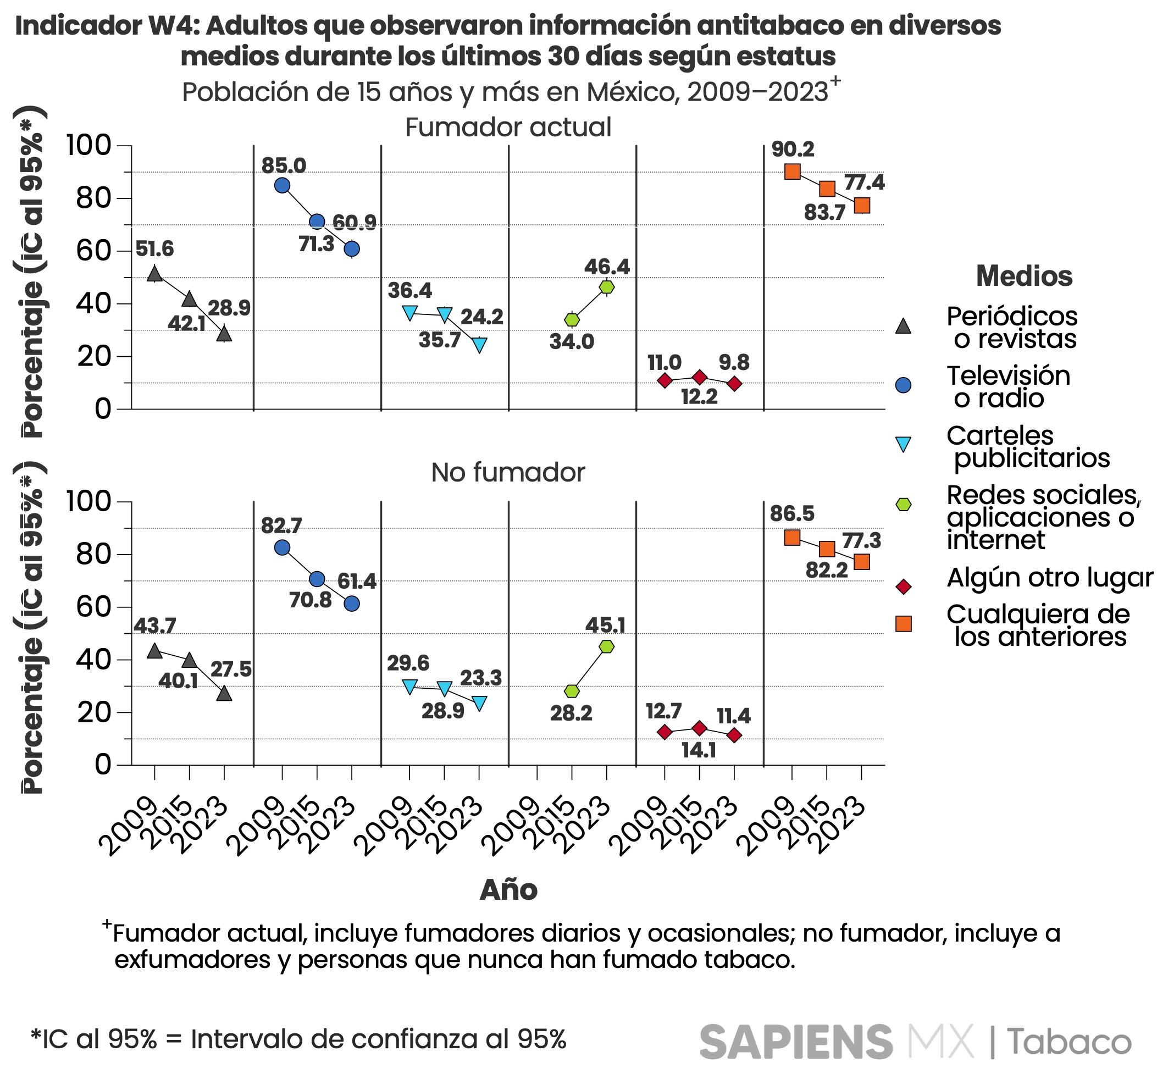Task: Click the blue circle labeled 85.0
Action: pos(283,186)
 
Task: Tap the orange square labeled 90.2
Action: pos(792,171)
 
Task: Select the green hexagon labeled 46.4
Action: pos(607,287)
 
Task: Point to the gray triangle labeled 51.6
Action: pos(155,274)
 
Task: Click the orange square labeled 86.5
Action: pos(792,537)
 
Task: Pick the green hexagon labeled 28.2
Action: pos(572,691)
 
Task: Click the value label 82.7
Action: pos(281,526)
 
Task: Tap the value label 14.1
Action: pos(699,750)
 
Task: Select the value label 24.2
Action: pos(482,317)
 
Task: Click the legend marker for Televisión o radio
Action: pos(903,385)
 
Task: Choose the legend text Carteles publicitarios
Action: pos(1027,446)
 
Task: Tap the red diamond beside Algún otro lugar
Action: pos(903,586)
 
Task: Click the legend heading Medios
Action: pos(1024,276)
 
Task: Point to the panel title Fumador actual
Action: pos(508,128)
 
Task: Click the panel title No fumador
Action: pos(508,473)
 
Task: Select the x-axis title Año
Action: pos(508,890)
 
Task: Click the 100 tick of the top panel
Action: pos(88,146)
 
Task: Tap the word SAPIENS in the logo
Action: pos(795,1042)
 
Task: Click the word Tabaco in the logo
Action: pos(1069,1042)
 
